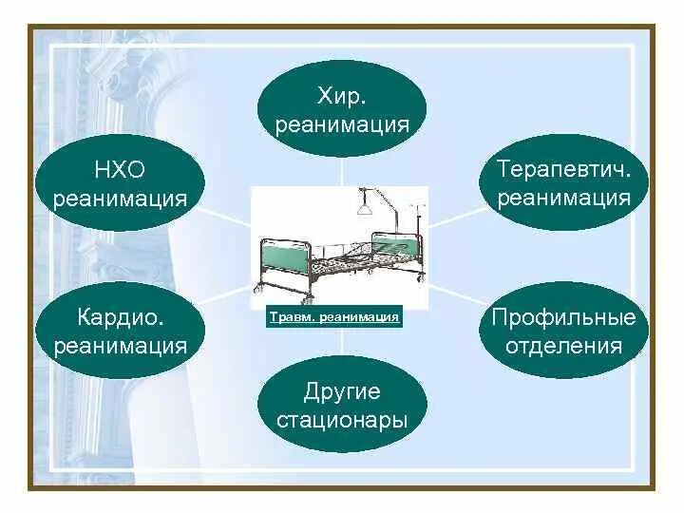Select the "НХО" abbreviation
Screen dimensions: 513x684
(120, 169)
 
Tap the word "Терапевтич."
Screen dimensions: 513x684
(563, 169)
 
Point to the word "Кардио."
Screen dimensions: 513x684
(120, 315)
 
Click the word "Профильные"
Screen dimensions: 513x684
(563, 315)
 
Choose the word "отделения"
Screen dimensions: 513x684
(563, 345)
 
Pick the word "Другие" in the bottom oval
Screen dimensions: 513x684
(342, 390)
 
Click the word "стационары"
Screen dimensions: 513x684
(342, 420)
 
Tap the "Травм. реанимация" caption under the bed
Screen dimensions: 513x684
(333, 317)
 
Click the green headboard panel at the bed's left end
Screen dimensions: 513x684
(285, 258)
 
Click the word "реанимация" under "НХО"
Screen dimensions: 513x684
(120, 199)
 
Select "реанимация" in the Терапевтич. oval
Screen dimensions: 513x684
(563, 199)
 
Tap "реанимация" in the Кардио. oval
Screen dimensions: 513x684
(120, 345)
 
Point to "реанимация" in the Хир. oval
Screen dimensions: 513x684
(342, 124)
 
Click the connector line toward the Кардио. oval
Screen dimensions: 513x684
(226, 298)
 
